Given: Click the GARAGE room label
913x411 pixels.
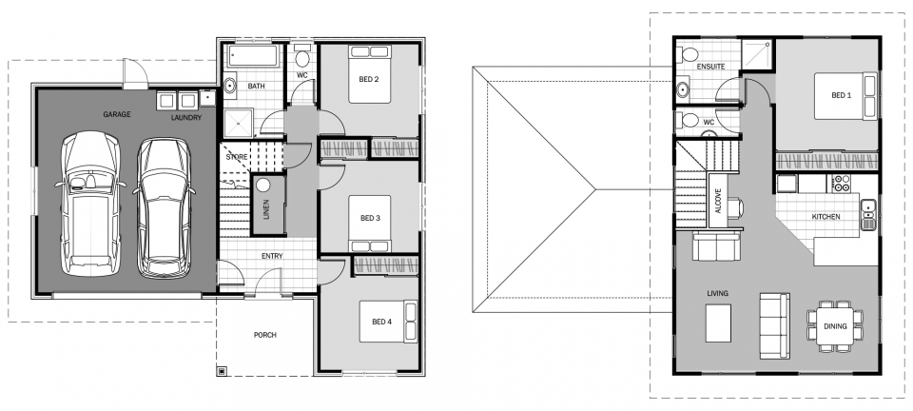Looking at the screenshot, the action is [116, 114].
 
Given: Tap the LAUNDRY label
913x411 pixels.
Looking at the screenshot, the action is [186, 118].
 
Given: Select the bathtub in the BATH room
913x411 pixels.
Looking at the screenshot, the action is [253, 56].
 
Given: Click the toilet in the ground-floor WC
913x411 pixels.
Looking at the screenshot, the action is [302, 57].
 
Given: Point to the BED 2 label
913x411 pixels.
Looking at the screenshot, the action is [369, 79].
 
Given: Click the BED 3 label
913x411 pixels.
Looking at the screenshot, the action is [370, 218].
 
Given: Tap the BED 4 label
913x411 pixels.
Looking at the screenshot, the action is [381, 322].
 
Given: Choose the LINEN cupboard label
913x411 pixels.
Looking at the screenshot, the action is [266, 209].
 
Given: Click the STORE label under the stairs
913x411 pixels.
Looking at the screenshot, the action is [237, 157].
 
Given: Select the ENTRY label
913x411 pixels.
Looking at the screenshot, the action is [272, 256].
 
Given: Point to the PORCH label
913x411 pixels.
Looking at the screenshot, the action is [265, 335].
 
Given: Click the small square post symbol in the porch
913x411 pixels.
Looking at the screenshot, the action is [222, 370].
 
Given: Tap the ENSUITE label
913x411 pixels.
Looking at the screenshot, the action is [710, 67].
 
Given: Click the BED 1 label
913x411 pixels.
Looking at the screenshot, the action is [842, 95].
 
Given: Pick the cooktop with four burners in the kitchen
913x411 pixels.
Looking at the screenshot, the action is [842, 184].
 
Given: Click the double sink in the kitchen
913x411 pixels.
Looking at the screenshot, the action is [868, 214].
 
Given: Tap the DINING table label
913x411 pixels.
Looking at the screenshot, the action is [835, 326].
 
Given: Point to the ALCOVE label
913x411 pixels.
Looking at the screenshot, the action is [718, 200].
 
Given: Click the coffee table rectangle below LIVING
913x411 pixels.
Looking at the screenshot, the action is [718, 323].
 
